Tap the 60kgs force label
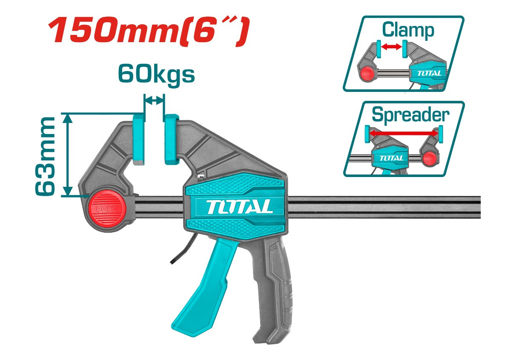(x=156, y=74)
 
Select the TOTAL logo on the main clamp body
(x=240, y=207)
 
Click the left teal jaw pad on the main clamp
(x=139, y=139)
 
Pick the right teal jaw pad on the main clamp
(x=171, y=139)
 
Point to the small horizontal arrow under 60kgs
(x=154, y=100)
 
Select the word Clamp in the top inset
(x=408, y=30)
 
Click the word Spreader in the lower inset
(x=410, y=114)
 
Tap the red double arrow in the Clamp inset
(x=391, y=47)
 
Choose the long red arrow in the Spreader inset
(x=403, y=133)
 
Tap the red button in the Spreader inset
(x=429, y=159)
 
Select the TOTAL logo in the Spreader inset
(x=390, y=157)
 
